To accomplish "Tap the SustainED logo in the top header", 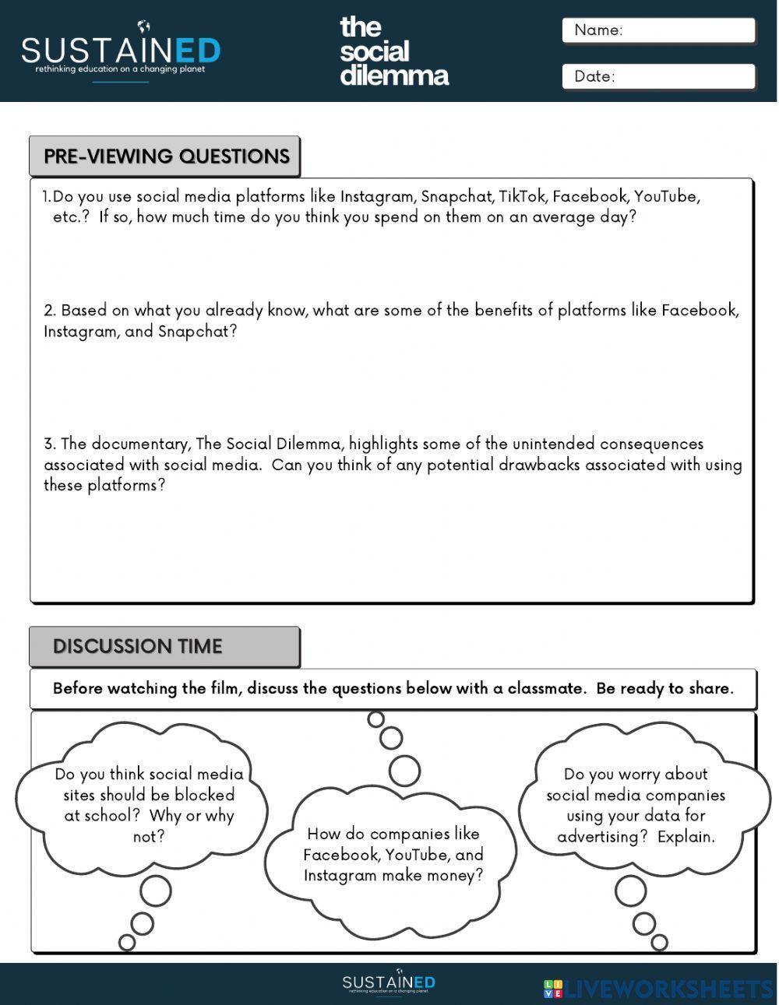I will [121, 51].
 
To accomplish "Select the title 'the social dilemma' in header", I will [393, 51].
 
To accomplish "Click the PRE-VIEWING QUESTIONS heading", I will [166, 156].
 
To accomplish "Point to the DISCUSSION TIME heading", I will [138, 647].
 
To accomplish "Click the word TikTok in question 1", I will [522, 196].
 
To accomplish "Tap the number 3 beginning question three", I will [49, 445].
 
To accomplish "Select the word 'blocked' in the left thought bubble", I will [204, 796].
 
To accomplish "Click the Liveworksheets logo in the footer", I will [658, 989].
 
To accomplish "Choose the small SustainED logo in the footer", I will [389, 982].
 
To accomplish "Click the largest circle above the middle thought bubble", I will [404, 771].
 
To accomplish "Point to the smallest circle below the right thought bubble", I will [659, 943].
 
